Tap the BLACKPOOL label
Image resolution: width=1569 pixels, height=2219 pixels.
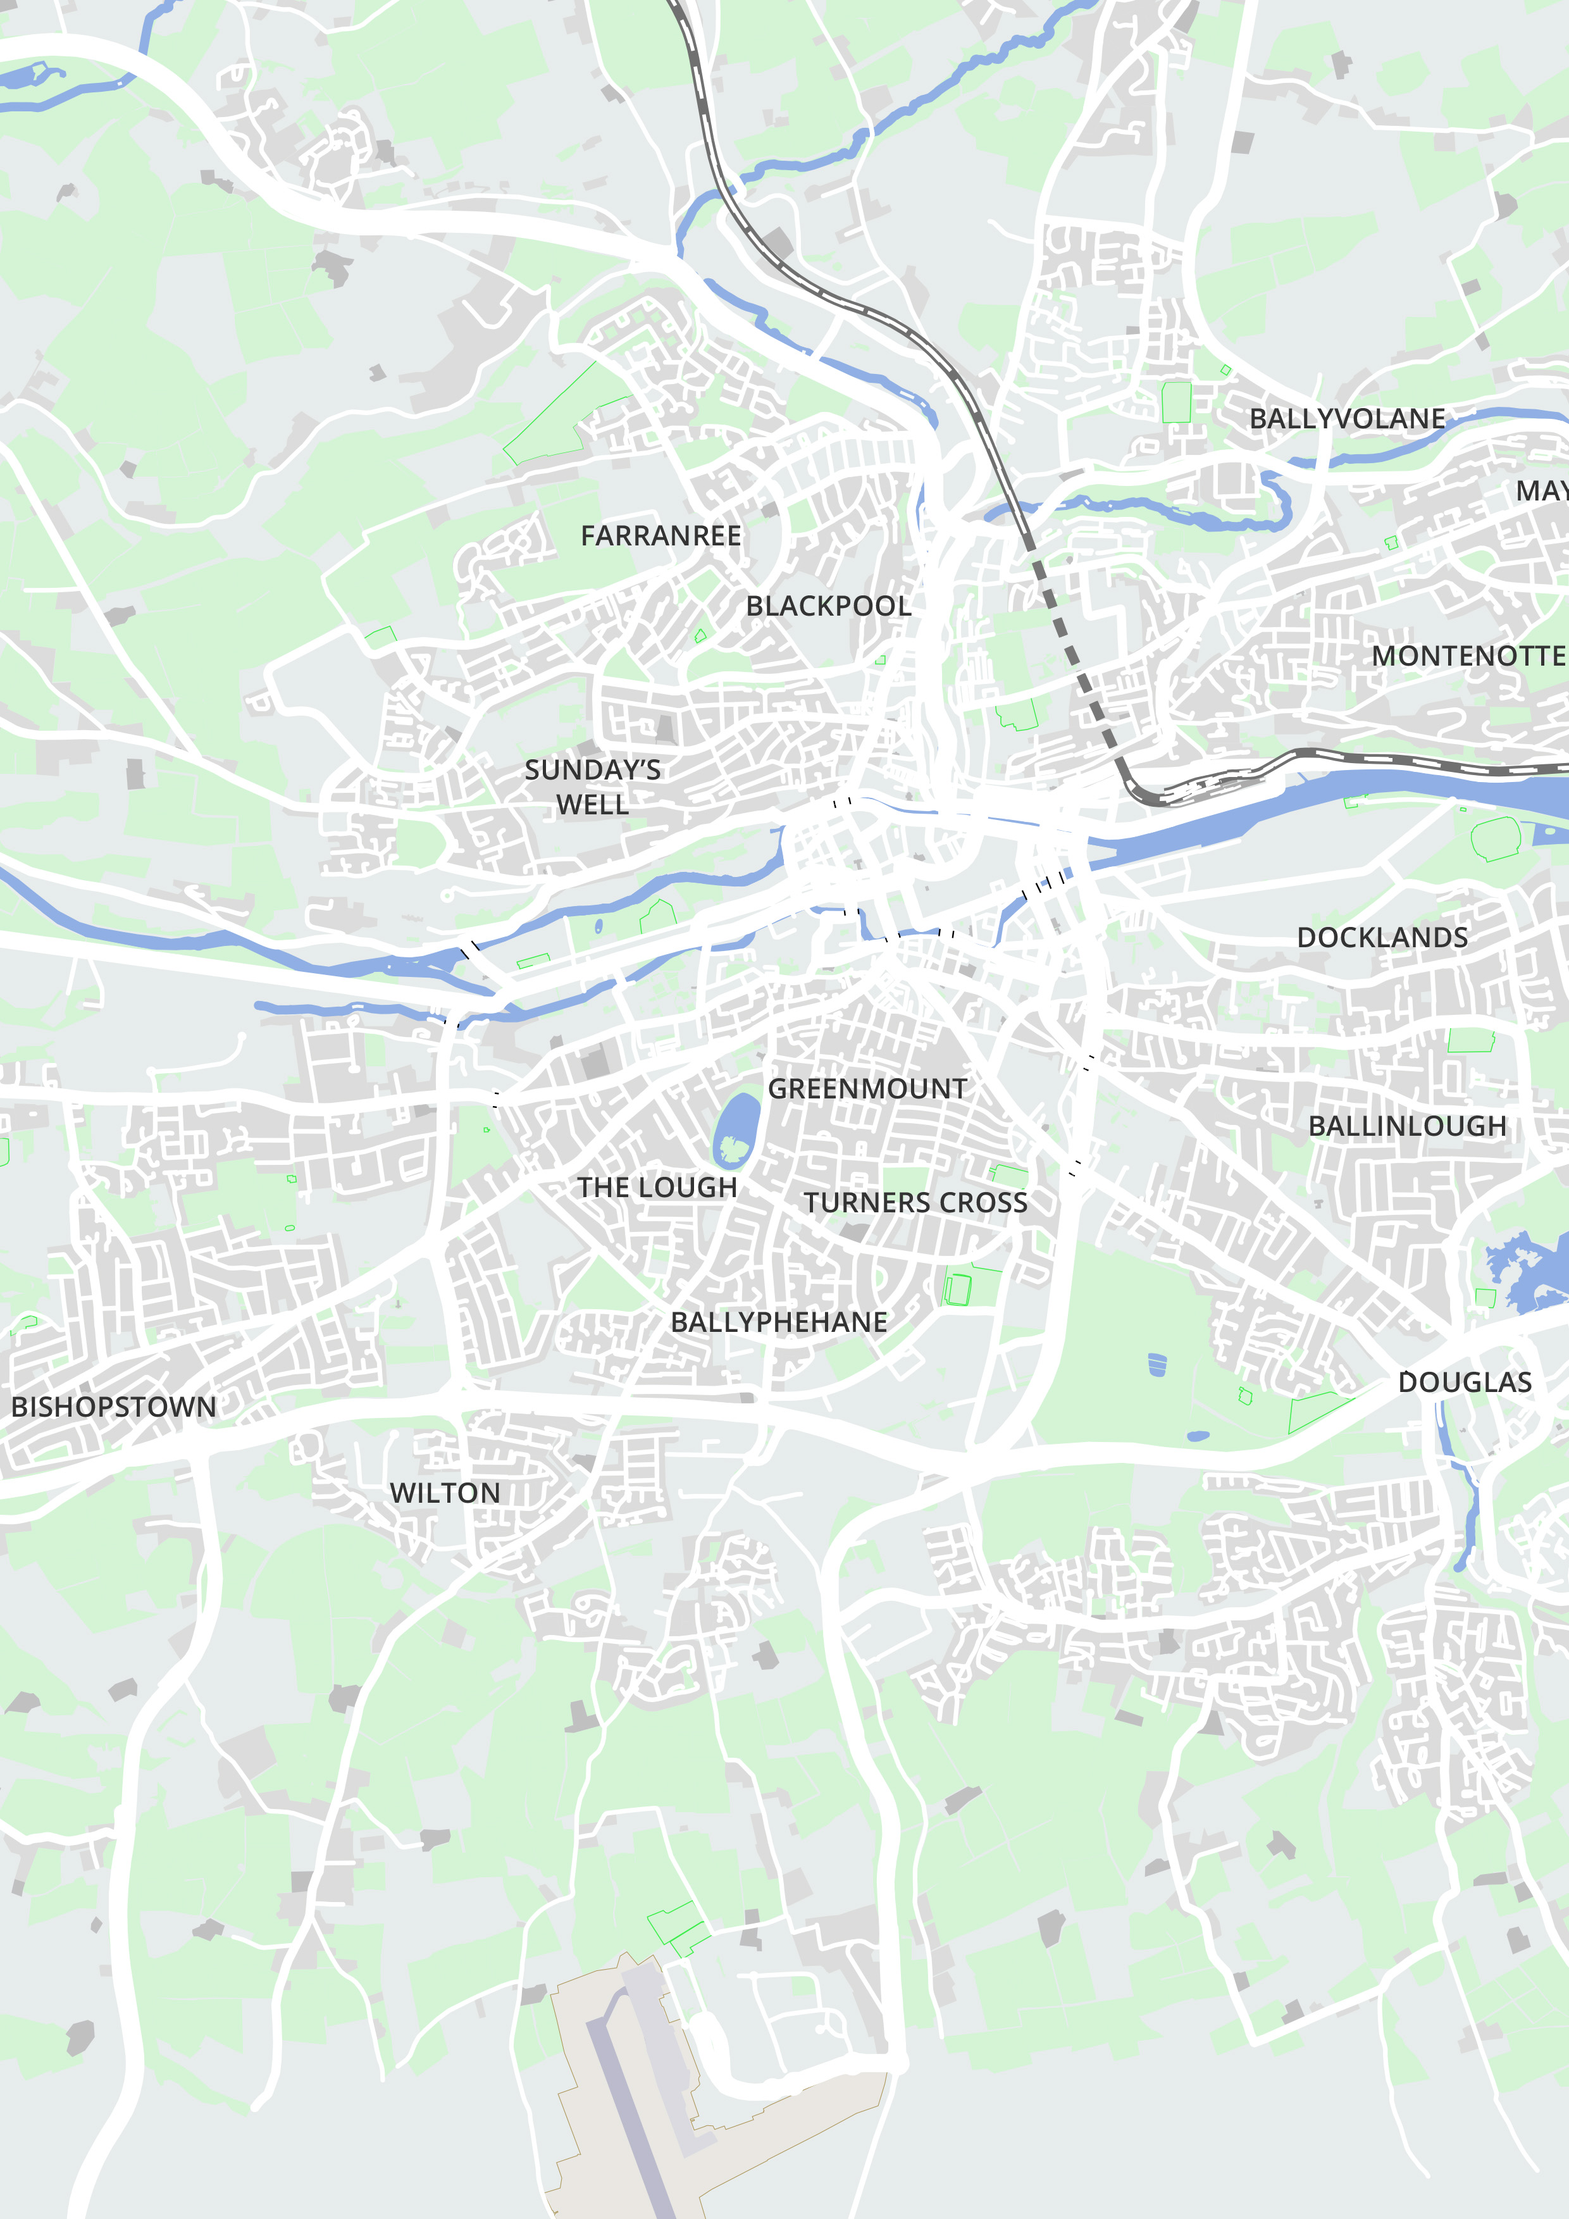[828, 606]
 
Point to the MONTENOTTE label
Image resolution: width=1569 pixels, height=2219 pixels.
[1468, 656]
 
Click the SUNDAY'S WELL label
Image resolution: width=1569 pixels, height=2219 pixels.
[592, 786]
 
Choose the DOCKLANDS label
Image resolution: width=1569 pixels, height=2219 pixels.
[1382, 938]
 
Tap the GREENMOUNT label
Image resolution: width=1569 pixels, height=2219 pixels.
[867, 1089]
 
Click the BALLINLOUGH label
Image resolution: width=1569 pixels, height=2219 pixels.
[1406, 1126]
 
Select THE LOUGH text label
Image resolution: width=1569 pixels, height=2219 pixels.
[657, 1188]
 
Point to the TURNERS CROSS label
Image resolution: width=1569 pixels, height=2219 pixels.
[915, 1203]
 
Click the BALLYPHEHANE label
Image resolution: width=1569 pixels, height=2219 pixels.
[779, 1322]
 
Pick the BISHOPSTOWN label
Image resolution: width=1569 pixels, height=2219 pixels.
[113, 1407]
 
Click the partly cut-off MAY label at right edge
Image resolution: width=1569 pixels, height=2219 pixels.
[1543, 491]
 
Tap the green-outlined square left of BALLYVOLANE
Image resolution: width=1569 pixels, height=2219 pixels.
[1175, 402]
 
